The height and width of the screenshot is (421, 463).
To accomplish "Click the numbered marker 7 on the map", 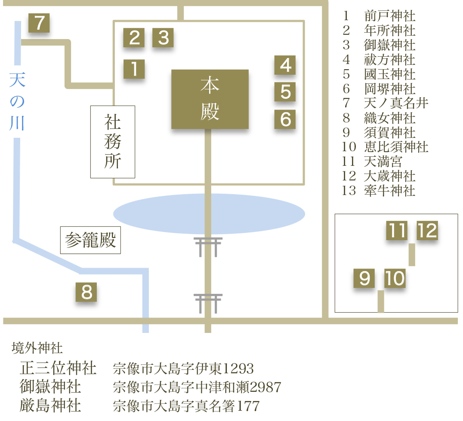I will pos(39,23).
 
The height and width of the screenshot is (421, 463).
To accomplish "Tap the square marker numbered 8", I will pos(86,293).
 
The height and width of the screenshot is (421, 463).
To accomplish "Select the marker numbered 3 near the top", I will pos(163,38).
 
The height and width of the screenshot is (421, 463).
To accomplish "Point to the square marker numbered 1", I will pos(134,69).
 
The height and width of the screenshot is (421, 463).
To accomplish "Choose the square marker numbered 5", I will pos(285,92).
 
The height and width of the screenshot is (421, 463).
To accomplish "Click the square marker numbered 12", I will pos(427,231).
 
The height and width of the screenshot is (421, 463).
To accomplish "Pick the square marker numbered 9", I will pos(364,279).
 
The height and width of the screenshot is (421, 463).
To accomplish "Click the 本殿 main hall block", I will pos(210,99).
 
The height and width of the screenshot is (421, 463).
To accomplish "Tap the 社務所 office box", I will pos(113,142).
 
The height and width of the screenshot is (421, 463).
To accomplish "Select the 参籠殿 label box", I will pos(90,240).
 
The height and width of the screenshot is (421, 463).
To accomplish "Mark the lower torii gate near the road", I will pos(208,303).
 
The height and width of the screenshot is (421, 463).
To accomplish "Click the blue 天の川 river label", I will pos(17,101).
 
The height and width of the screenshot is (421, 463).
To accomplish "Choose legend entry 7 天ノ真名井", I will pos(386,103).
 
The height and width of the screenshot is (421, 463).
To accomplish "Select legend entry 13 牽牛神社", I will pos(379,190).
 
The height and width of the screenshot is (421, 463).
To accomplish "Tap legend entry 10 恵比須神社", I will pos(386,147).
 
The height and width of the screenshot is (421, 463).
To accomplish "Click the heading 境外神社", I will pos(37,348).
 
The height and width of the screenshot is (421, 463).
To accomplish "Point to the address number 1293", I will pos(239,369).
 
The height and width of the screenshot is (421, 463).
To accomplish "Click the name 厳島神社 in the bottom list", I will pos(50,406).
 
